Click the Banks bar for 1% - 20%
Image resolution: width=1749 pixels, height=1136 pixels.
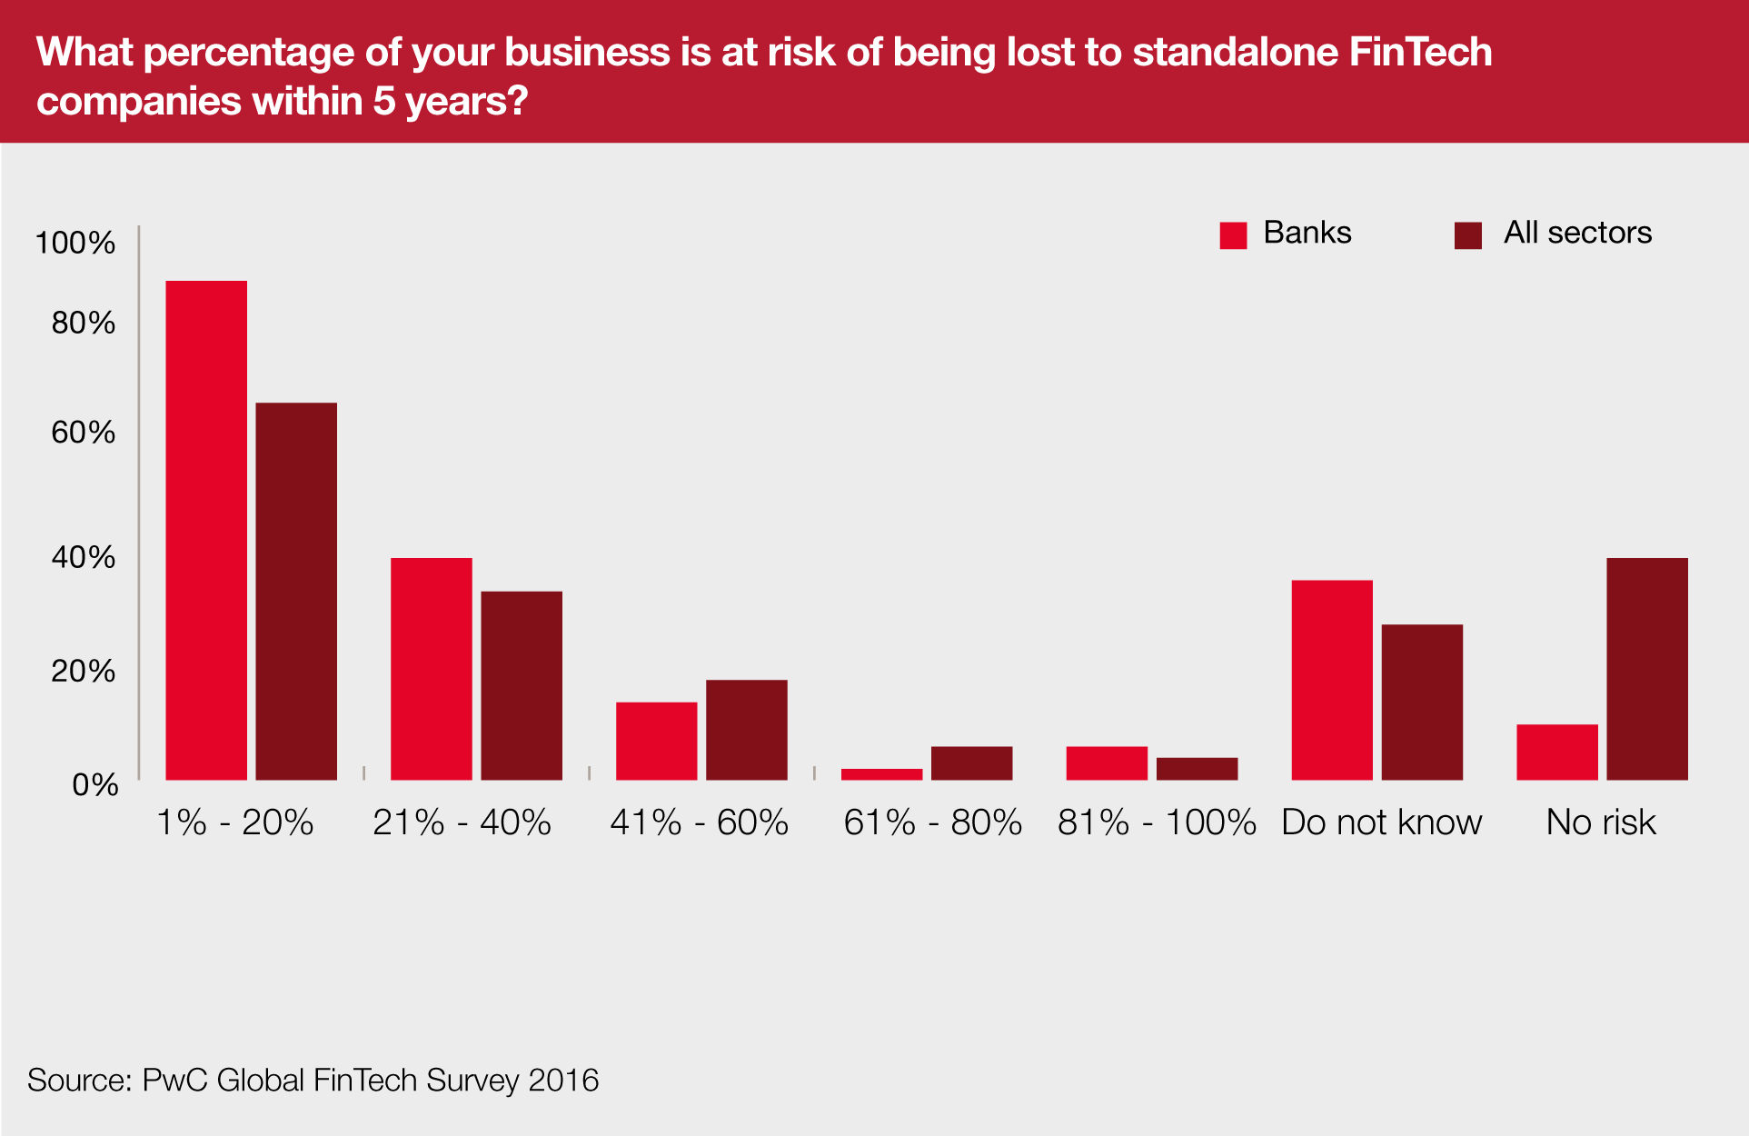point(206,530)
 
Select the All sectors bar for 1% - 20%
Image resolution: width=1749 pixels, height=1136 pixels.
point(296,591)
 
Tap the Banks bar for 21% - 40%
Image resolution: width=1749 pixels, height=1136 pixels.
point(432,668)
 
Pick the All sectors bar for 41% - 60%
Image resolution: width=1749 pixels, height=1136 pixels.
point(747,729)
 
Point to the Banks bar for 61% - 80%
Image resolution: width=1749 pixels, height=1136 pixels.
point(881,774)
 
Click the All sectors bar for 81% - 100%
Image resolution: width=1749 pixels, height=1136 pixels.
point(1197,769)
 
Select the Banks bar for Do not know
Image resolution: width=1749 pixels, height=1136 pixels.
point(1332,680)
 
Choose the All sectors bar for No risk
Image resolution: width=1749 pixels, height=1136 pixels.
point(1647,668)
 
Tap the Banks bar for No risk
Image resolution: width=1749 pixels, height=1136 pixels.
point(1557,752)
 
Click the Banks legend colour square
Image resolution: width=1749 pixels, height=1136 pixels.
point(1233,235)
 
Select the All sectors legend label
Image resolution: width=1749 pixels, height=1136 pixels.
point(1577,233)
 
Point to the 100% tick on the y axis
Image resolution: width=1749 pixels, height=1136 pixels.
point(75,243)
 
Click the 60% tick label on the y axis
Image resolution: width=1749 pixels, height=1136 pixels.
point(83,432)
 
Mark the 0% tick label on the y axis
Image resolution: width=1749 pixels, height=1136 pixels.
point(94,784)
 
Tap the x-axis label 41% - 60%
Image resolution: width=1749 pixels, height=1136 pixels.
point(699,822)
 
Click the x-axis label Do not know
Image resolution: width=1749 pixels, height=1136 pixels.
point(1381,822)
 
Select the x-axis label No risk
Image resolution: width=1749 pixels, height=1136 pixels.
point(1601,822)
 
